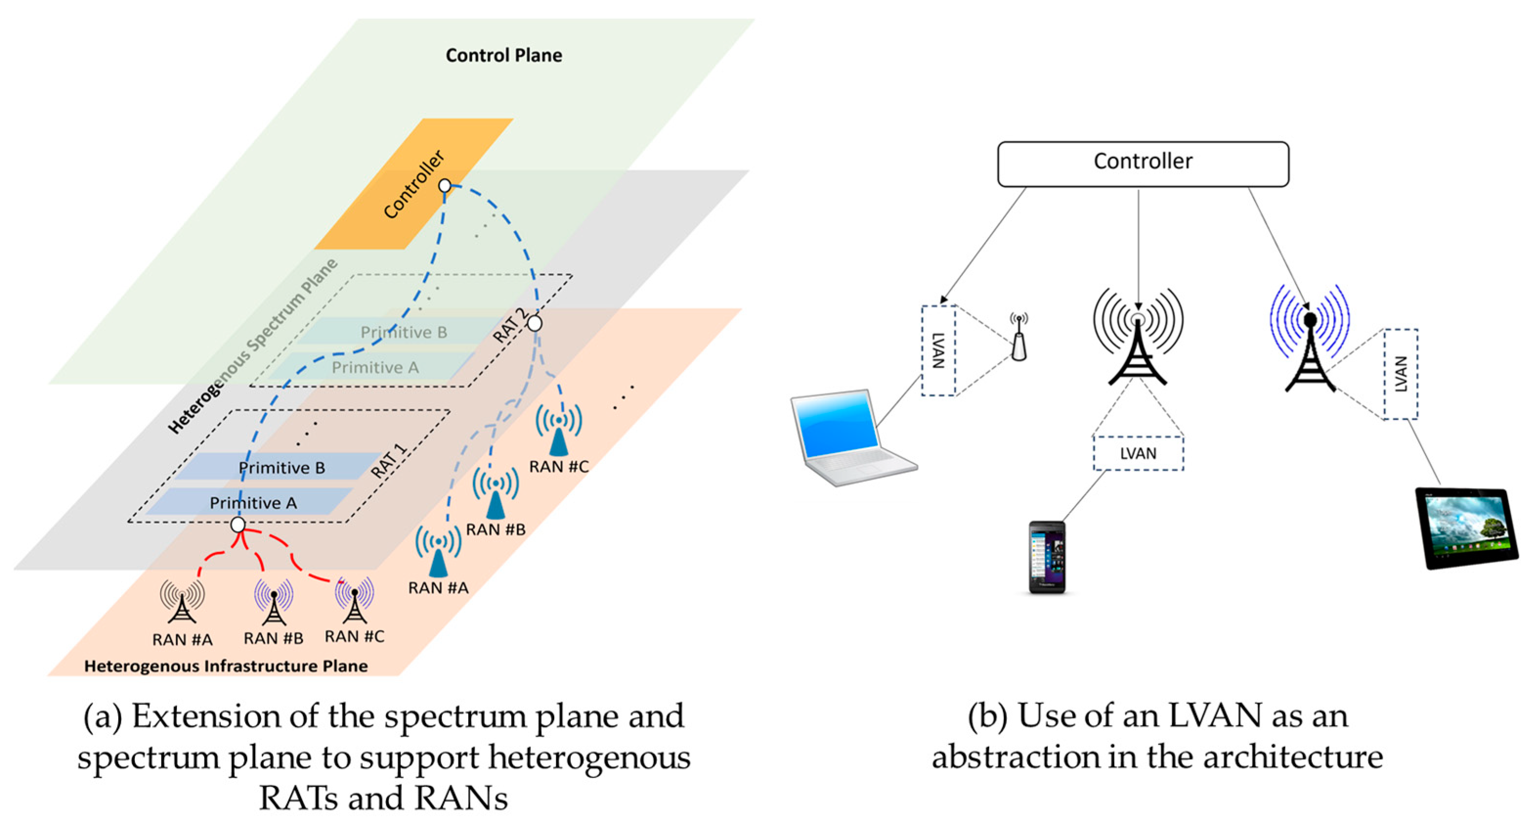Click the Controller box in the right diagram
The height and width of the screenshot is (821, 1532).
click(x=1143, y=164)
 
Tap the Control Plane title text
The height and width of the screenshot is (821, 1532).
click(x=503, y=55)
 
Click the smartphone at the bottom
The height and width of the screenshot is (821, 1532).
click(x=1047, y=557)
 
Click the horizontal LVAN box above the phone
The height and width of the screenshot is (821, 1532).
click(x=1138, y=454)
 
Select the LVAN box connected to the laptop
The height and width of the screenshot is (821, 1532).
click(x=938, y=350)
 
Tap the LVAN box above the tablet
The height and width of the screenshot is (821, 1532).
click(x=1400, y=374)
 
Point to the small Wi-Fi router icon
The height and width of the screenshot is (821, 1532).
click(x=1019, y=339)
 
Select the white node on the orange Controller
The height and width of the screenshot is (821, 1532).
click(x=445, y=186)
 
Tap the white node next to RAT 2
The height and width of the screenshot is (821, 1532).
click(x=535, y=323)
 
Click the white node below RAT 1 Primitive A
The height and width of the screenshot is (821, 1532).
click(x=238, y=525)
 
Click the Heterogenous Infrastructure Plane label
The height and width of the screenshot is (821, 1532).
click(x=226, y=666)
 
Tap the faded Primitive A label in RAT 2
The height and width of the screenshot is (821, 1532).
click(x=375, y=367)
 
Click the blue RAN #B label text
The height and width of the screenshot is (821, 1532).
click(x=496, y=529)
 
